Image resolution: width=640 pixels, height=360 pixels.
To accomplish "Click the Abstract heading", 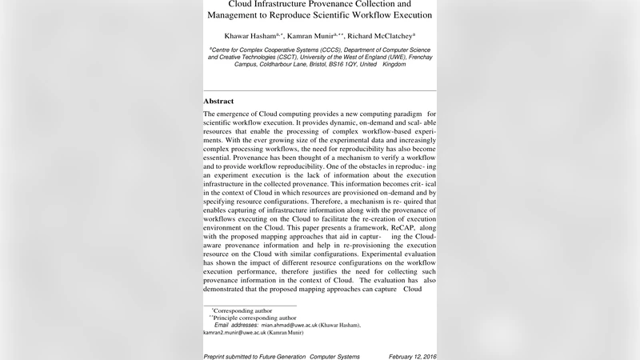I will [x=218, y=102].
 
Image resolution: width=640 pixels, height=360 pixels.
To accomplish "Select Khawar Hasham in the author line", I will [x=250, y=36].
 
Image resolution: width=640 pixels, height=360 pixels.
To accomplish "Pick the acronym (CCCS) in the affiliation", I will [x=328, y=49].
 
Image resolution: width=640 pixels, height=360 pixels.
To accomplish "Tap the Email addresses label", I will [x=235, y=326].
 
